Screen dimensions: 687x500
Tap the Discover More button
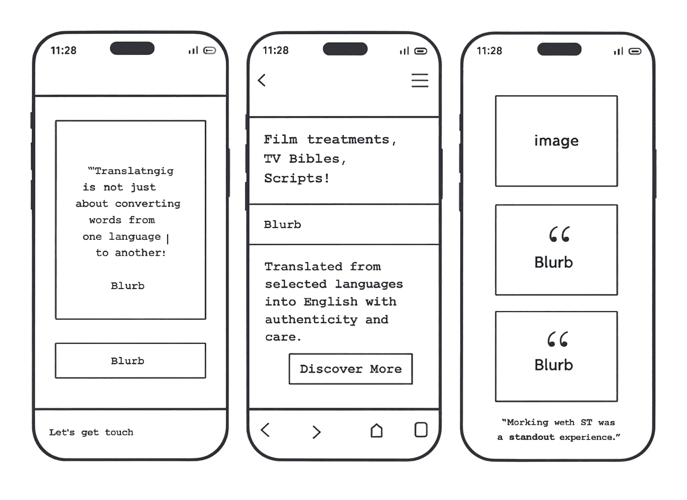[x=351, y=369]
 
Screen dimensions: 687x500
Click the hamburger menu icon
[x=419, y=81]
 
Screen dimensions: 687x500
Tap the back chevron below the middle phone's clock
[x=262, y=80]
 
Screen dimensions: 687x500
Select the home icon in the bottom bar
[x=376, y=430]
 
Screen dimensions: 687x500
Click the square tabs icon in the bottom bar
[x=421, y=430]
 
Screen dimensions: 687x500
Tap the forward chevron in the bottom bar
[x=316, y=432]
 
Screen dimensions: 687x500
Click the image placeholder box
[x=556, y=141]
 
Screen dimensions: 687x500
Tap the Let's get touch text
[x=91, y=432]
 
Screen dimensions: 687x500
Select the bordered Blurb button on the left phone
[x=130, y=361]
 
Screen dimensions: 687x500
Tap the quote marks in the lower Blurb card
[x=557, y=339]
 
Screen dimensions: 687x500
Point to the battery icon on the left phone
[x=210, y=50]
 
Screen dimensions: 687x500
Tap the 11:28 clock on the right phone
[x=489, y=51]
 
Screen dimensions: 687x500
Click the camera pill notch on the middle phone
[x=345, y=49]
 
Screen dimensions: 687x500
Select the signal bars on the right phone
[x=618, y=51]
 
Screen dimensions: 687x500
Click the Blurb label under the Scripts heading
[x=282, y=225]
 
